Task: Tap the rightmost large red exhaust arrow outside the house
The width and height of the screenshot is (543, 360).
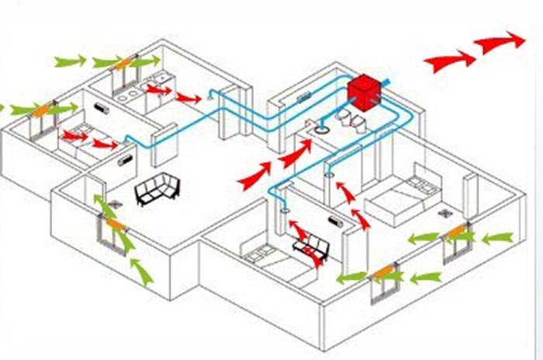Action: click(x=500, y=42)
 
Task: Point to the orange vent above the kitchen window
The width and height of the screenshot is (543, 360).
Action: click(x=123, y=63)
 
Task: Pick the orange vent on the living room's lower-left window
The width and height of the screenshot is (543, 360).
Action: click(x=115, y=223)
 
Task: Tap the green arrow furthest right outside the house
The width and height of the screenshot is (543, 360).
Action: click(x=496, y=237)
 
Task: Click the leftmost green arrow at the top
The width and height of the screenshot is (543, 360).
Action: click(x=70, y=61)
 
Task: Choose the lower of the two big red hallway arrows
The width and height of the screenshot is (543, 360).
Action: click(x=254, y=178)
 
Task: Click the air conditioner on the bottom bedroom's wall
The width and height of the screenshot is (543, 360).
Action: click(x=334, y=222)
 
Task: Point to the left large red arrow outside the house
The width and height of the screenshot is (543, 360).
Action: click(x=450, y=61)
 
